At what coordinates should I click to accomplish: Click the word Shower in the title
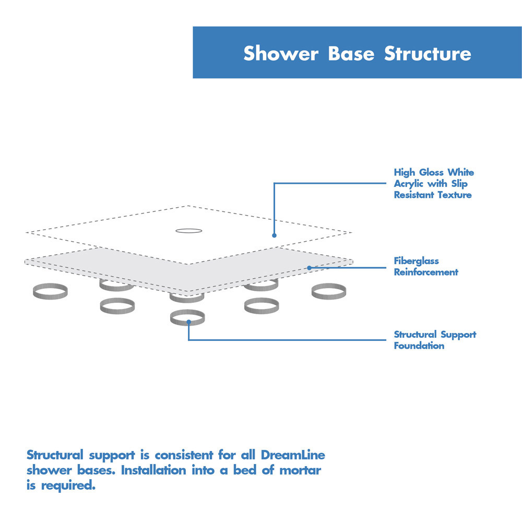tap(280, 53)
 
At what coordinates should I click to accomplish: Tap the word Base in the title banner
tap(351, 53)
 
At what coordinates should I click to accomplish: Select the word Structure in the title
tap(428, 53)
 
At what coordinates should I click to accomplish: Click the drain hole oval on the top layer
tap(188, 230)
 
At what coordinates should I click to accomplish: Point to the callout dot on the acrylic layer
tap(274, 235)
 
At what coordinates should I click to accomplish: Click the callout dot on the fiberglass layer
tap(309, 268)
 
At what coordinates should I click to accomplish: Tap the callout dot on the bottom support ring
tap(188, 322)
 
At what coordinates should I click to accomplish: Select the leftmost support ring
tap(50, 292)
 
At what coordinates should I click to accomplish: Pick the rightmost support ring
tap(329, 292)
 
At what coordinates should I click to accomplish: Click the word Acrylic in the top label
tap(409, 184)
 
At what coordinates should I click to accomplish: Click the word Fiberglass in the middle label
tap(416, 260)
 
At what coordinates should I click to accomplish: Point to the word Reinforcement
tap(426, 272)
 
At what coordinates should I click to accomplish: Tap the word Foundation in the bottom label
tap(419, 346)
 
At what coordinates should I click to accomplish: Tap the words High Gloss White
tap(434, 172)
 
